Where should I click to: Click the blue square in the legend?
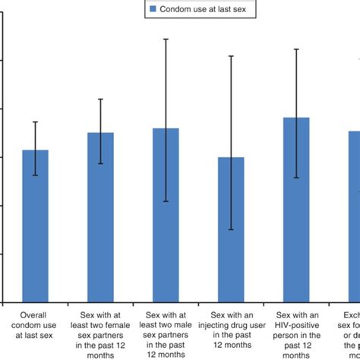pyautogui.click(x=153, y=9)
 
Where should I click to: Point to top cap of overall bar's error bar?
pyautogui.click(x=36, y=122)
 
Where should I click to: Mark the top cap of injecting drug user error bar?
pyautogui.click(x=231, y=55)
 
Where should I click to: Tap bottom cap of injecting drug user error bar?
pyautogui.click(x=231, y=230)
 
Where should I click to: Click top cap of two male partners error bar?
pyautogui.click(x=166, y=38)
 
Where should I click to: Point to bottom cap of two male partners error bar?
pyautogui.click(x=166, y=202)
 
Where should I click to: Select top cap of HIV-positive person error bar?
pyautogui.click(x=296, y=49)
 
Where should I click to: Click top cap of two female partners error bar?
pyautogui.click(x=101, y=99)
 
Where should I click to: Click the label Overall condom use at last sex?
pyautogui.click(x=36, y=322)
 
